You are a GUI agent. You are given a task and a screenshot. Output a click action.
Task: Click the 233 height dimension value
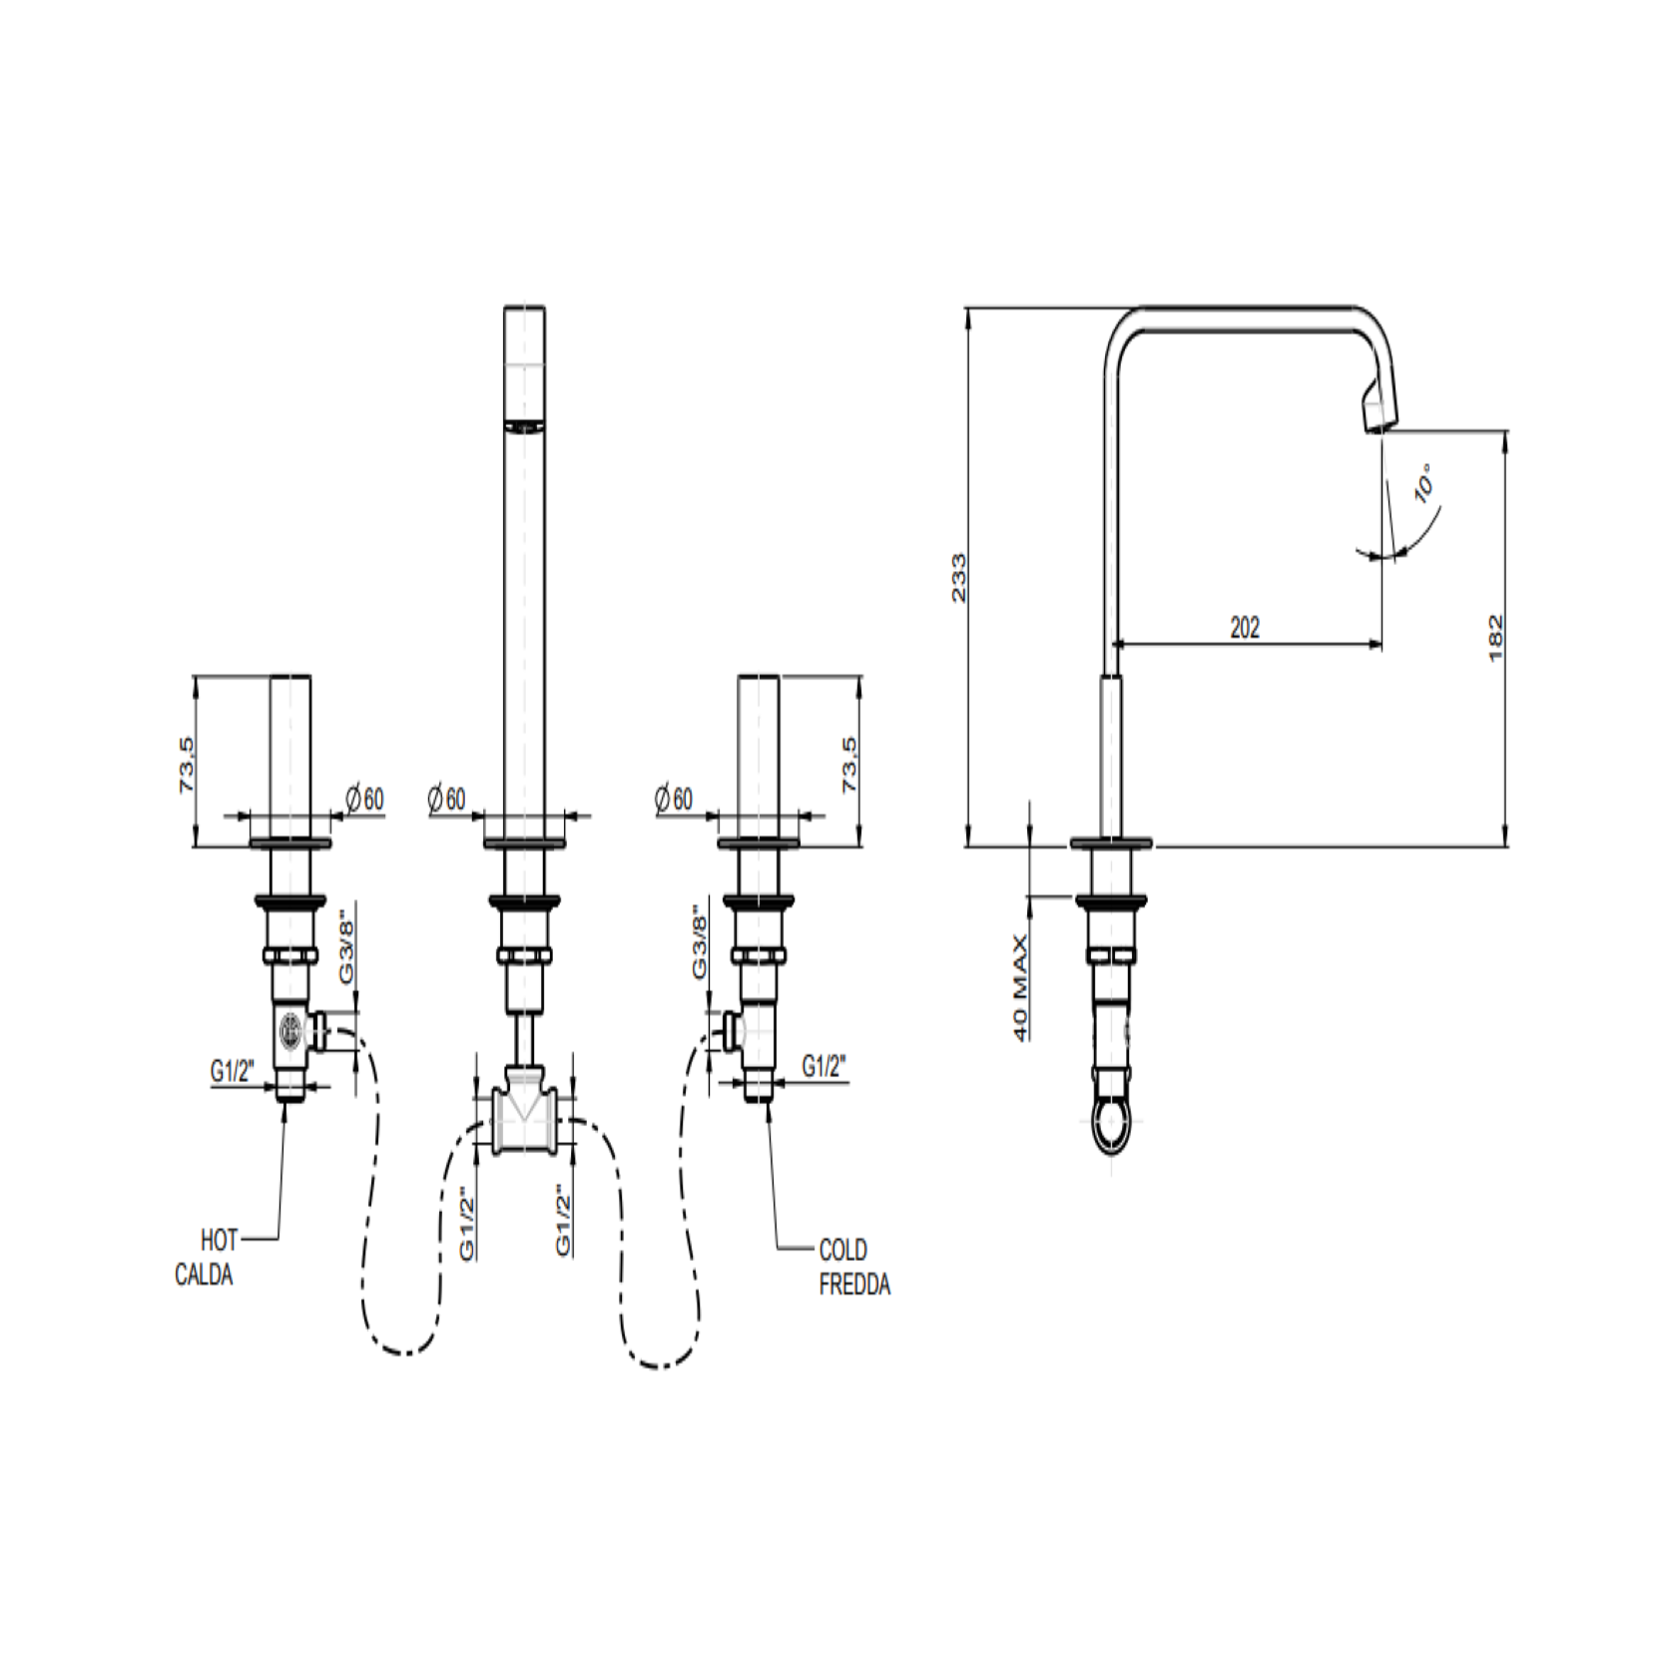958,577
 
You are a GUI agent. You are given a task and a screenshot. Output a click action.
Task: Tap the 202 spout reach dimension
1245,627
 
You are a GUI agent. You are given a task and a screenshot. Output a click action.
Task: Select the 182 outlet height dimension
1495,638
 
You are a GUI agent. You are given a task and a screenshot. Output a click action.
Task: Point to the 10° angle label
1424,481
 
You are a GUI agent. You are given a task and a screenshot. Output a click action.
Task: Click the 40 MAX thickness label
1020,988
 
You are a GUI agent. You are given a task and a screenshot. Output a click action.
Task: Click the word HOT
220,1241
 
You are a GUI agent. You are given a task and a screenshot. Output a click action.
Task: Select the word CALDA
204,1275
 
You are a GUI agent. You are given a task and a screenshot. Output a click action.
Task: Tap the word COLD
842,1250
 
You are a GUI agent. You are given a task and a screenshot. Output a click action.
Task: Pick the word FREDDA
854,1285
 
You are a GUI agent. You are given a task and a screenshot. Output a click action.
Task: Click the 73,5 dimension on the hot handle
187,766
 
